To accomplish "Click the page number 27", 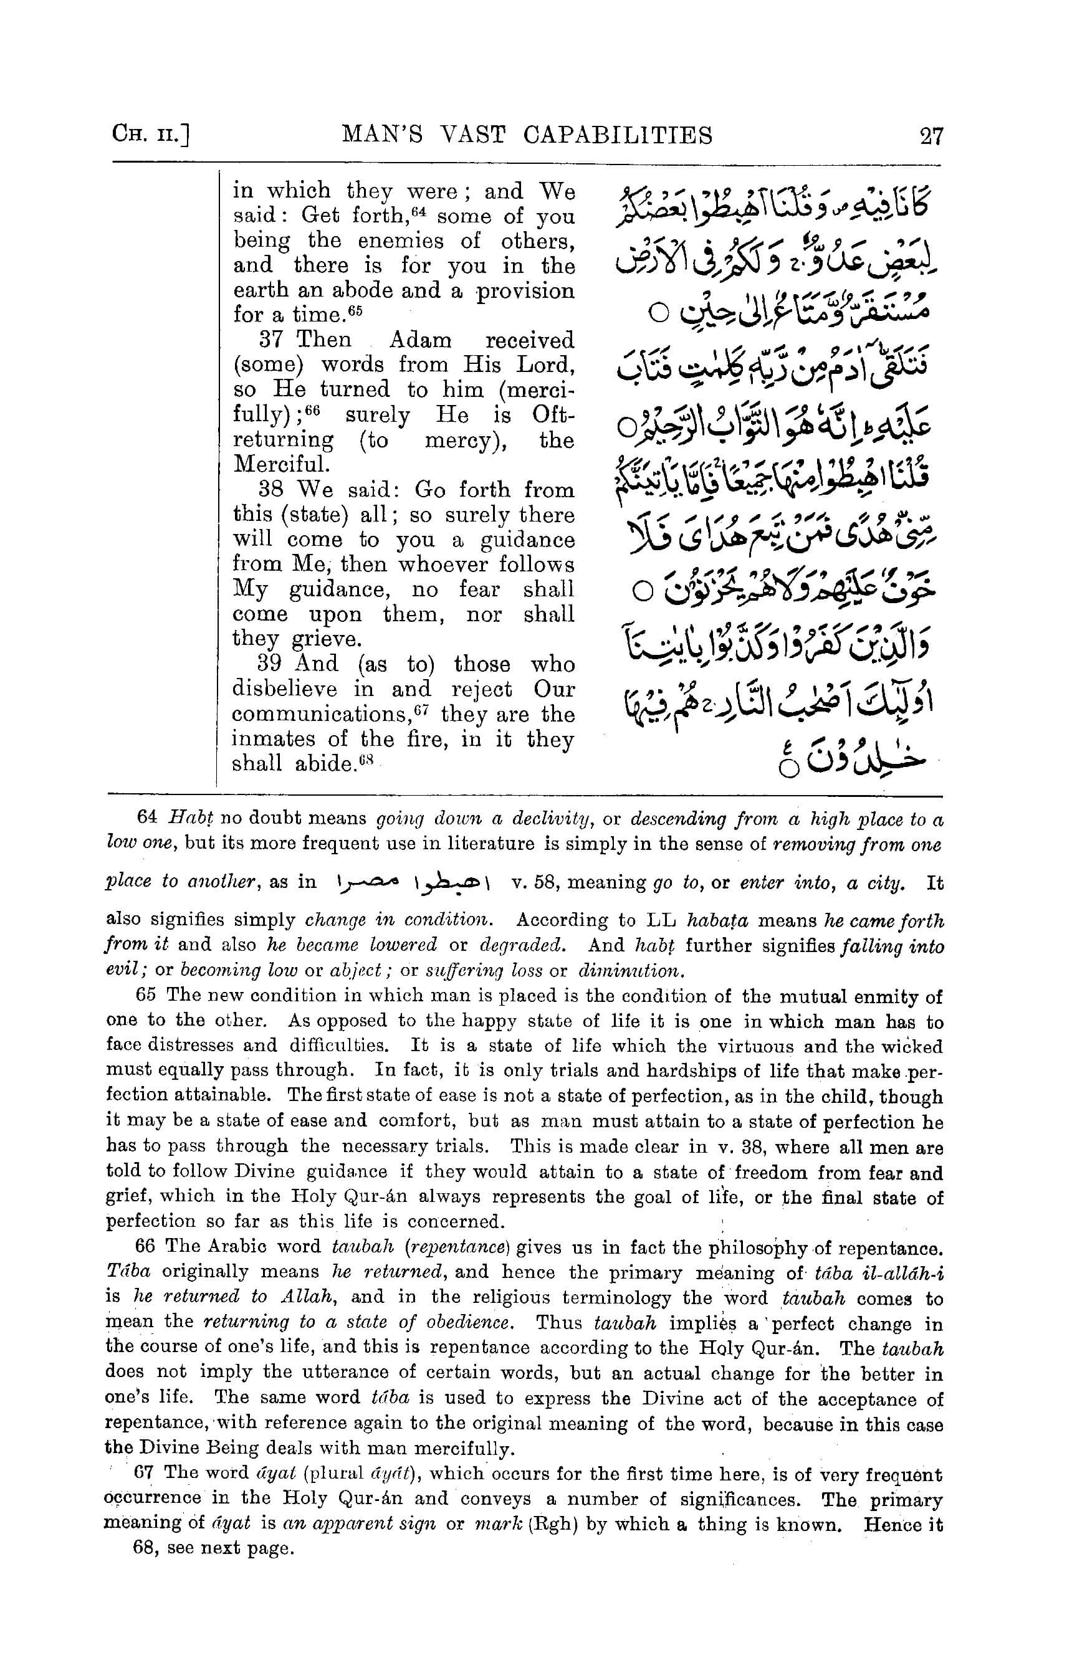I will point(931,135).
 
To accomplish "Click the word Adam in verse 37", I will point(419,340).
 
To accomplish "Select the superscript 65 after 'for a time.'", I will point(355,308).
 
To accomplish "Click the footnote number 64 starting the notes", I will point(147,817).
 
